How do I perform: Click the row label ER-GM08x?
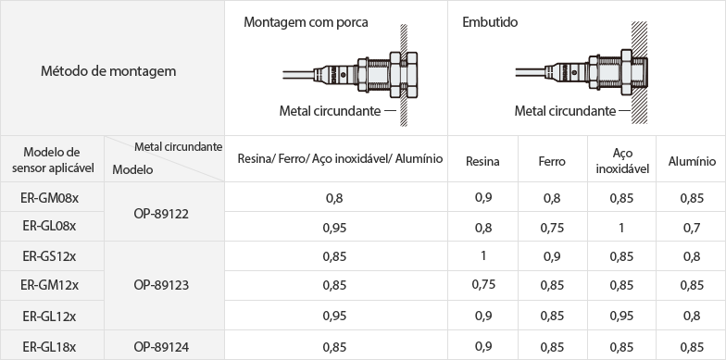click(50, 198)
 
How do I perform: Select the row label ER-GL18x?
click(50, 347)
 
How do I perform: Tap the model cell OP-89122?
click(161, 215)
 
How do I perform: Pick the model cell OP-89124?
click(161, 347)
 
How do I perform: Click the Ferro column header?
click(552, 161)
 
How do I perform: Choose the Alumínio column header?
click(692, 161)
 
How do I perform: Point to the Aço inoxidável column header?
click(622, 161)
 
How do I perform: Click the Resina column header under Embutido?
click(482, 161)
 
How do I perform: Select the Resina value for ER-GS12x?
click(483, 255)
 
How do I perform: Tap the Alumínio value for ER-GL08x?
click(691, 228)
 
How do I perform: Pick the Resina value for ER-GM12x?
click(483, 285)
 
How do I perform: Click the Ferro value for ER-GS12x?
click(552, 256)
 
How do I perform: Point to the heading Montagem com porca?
click(306, 22)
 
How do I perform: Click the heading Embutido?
click(490, 22)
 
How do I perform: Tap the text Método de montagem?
click(108, 71)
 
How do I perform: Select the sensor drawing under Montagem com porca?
click(350, 74)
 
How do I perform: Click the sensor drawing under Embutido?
click(582, 72)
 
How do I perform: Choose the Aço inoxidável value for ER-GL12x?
click(621, 316)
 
